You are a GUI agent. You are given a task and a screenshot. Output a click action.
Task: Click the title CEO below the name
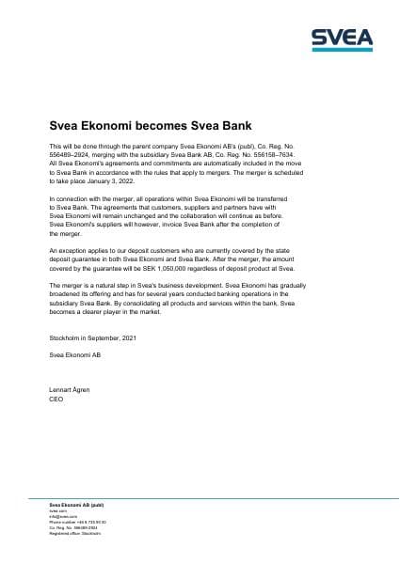click(x=55, y=399)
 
